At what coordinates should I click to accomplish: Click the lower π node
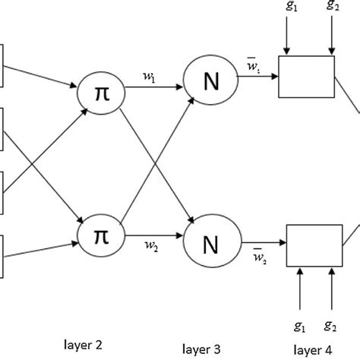click(101, 234)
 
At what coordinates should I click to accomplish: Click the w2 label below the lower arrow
click(152, 246)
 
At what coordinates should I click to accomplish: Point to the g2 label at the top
click(332, 8)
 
